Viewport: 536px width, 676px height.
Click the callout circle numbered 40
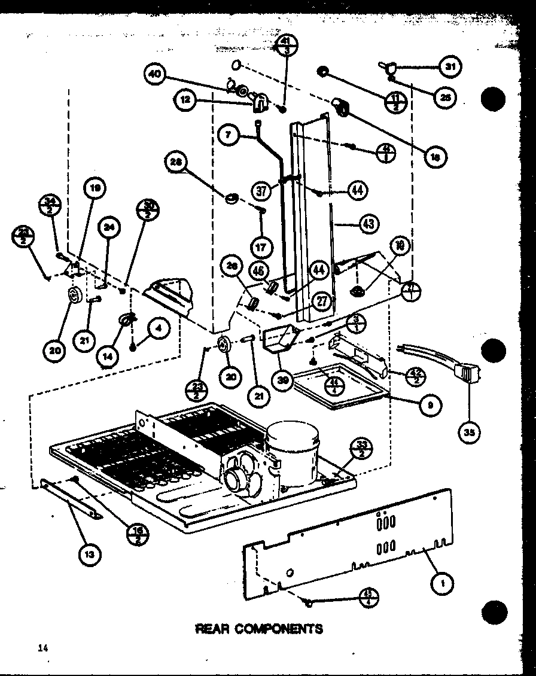click(x=155, y=75)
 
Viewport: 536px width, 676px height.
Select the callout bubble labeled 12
click(x=186, y=101)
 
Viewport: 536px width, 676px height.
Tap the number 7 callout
click(x=229, y=135)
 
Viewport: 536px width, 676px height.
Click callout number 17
click(x=261, y=246)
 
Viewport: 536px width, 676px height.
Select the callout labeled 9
click(x=431, y=405)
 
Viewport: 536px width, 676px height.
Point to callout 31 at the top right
click(x=450, y=68)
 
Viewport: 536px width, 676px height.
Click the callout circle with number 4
click(x=159, y=328)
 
